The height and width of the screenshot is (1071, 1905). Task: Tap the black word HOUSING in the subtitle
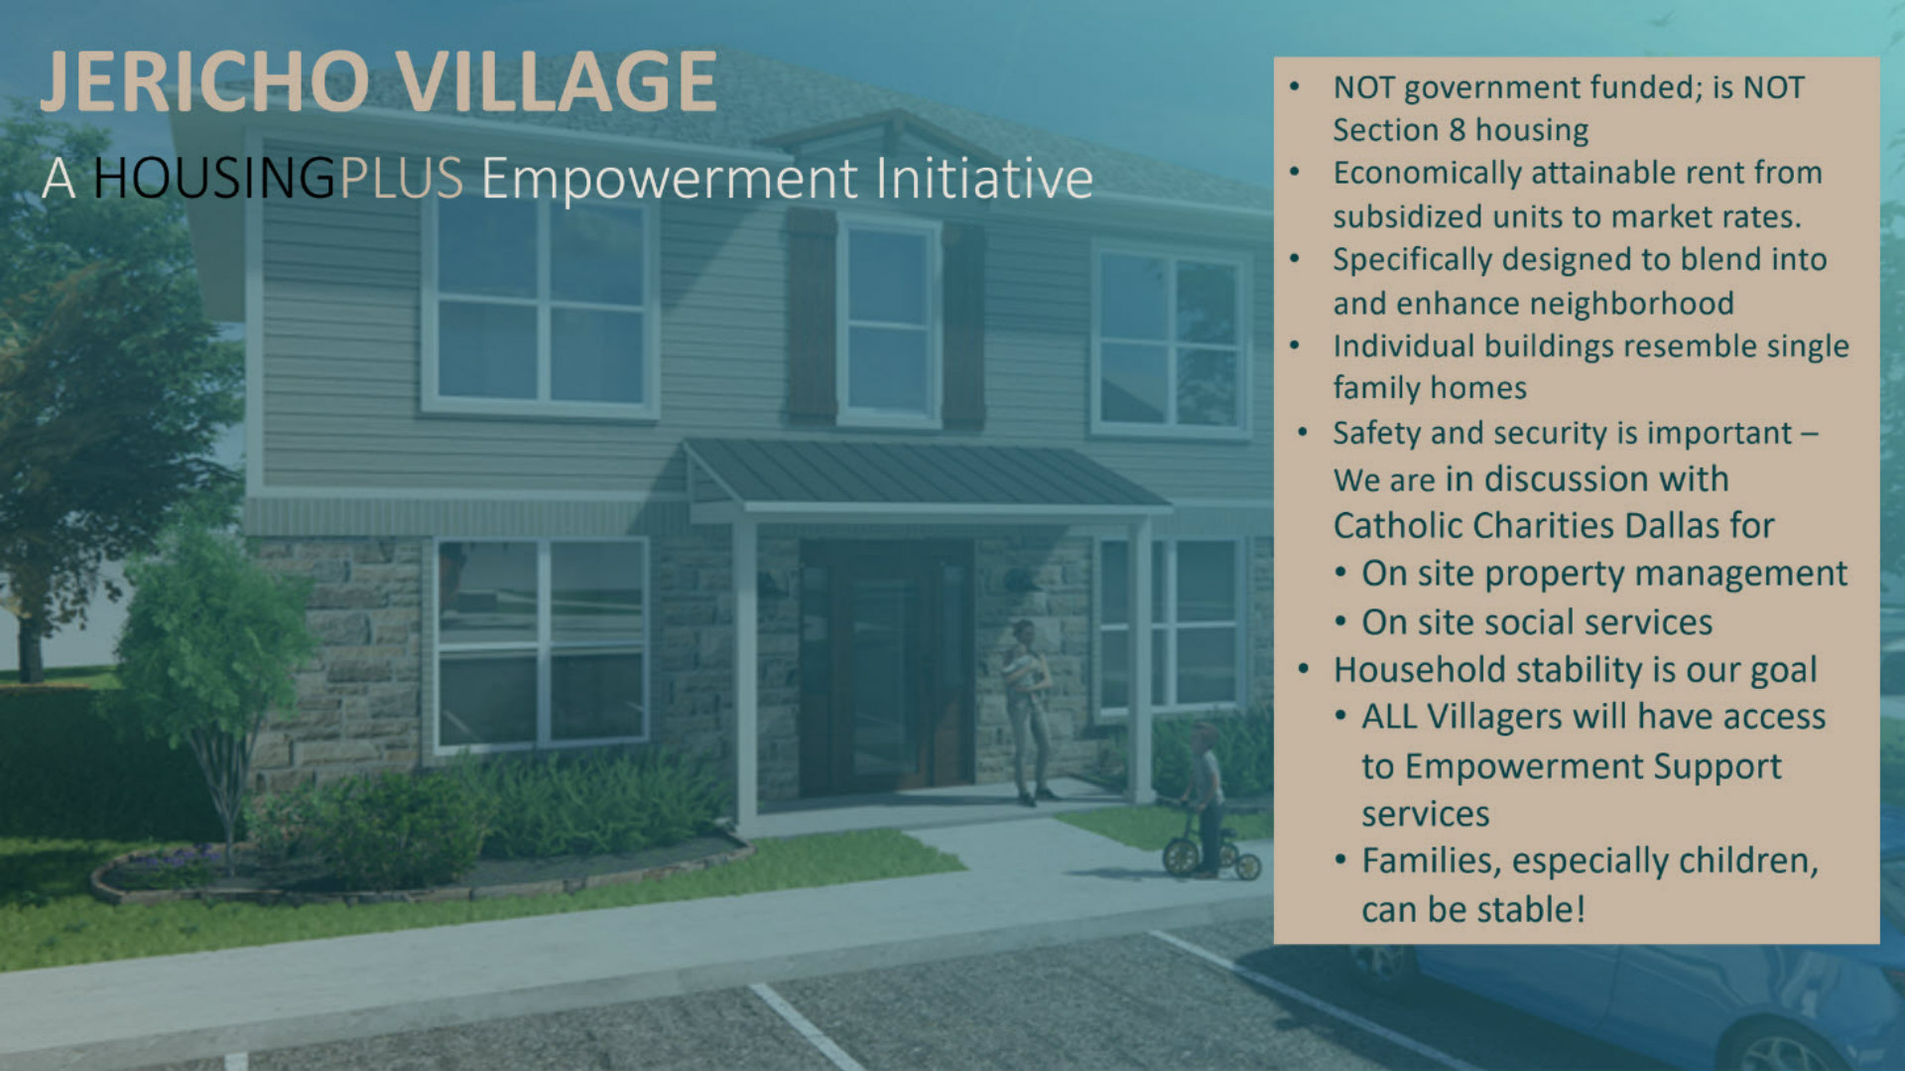point(214,179)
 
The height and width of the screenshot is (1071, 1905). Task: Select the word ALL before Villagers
point(1388,717)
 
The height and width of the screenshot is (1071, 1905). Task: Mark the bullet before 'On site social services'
point(1340,622)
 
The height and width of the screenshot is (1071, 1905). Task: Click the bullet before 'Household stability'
point(1304,669)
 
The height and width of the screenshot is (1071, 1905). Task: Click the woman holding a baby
point(1028,710)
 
